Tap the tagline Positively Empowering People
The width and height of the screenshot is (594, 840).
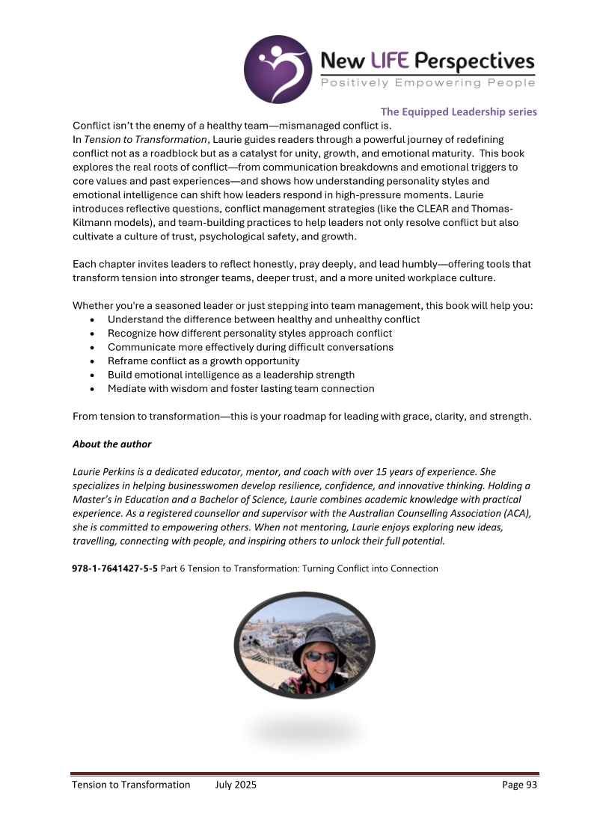click(x=428, y=83)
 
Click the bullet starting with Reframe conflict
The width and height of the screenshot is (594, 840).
click(x=203, y=361)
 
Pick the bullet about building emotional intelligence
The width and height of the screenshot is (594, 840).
click(x=230, y=375)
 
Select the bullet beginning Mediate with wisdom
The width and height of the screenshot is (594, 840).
click(x=240, y=389)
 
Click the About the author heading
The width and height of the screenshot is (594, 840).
click(x=111, y=444)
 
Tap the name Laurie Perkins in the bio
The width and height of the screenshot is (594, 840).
click(x=105, y=472)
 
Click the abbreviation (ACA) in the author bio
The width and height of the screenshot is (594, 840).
click(x=512, y=513)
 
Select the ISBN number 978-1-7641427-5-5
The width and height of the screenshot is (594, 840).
click(x=114, y=568)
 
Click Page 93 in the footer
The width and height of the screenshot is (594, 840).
click(x=519, y=785)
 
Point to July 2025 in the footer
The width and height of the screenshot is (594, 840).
click(x=236, y=785)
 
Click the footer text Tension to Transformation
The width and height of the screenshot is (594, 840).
click(x=131, y=785)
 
